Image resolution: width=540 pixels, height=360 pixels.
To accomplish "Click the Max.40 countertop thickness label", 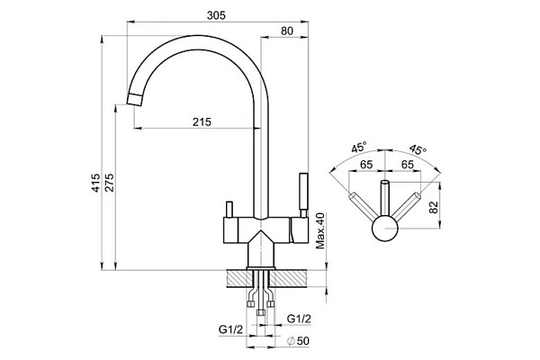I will (x=319, y=232).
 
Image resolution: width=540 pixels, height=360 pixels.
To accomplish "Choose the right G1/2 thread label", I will (x=299, y=319).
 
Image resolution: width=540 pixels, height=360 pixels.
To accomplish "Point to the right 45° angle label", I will (x=416, y=149).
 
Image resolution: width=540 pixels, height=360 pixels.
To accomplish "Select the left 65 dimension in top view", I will (x=367, y=165).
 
